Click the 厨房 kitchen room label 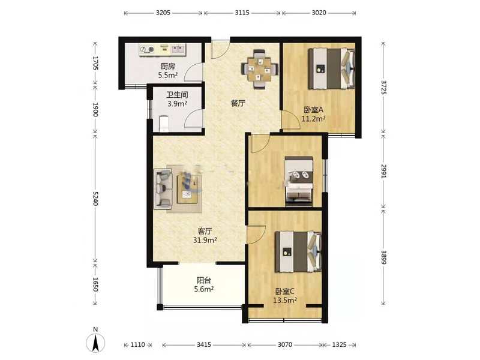[167, 66]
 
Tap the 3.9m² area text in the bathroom [177, 104]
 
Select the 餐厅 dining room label [238, 103]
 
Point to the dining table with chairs [260, 69]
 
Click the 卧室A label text [313, 109]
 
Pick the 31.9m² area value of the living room [205, 241]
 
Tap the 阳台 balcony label [204, 280]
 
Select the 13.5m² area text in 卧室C [284, 301]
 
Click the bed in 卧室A [332, 68]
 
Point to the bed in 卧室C [298, 251]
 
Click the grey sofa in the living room [163, 189]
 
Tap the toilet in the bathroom [164, 123]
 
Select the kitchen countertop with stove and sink [162, 50]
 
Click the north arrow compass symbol [95, 341]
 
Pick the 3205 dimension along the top [163, 13]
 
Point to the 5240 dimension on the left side [95, 199]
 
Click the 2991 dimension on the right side [383, 171]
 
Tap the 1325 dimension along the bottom [339, 345]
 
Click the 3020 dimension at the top [319, 13]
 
